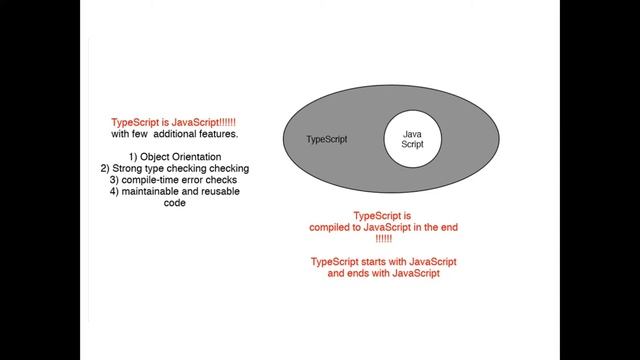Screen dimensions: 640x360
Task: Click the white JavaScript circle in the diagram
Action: [x=413, y=139]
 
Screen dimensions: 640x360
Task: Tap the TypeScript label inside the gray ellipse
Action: [x=327, y=139]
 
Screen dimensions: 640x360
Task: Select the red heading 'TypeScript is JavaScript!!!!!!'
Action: [x=173, y=122]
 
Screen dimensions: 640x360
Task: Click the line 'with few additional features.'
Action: [x=175, y=134]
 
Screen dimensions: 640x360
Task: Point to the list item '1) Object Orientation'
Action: [x=175, y=157]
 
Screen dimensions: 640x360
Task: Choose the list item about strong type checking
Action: [x=175, y=169]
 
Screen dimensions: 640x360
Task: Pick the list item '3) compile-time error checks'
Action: [x=173, y=180]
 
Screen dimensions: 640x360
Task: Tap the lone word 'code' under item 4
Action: [x=175, y=203]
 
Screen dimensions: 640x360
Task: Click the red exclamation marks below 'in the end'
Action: [x=384, y=239]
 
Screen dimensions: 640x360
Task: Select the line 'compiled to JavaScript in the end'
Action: [x=384, y=227]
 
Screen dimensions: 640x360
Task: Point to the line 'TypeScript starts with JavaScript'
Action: [x=384, y=262]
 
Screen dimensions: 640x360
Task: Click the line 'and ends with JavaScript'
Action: [x=384, y=273]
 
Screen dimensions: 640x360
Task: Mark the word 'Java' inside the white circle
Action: [x=412, y=134]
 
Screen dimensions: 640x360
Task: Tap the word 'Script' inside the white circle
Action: [x=412, y=144]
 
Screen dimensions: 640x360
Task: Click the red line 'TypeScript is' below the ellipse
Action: [x=382, y=216]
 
